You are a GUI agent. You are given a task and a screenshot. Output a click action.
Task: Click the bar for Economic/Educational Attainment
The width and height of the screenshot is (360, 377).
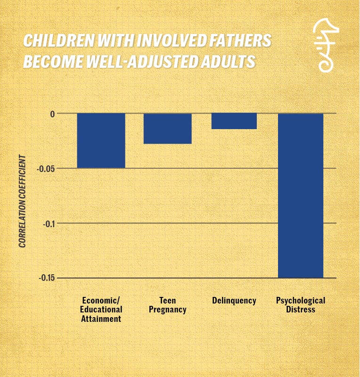pos(101,140)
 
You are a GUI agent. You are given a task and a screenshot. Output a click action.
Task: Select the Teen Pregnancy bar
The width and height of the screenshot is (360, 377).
pos(168,128)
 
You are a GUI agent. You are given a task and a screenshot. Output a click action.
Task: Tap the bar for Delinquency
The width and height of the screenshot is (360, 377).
pos(234,121)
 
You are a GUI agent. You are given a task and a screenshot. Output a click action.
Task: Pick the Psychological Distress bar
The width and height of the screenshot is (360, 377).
pos(301,195)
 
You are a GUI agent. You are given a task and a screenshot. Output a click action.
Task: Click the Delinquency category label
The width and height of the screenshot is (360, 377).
pos(234,301)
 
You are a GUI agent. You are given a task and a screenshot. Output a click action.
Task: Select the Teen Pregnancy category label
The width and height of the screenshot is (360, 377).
pos(168,305)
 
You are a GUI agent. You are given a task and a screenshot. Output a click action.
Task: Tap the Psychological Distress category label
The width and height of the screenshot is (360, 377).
pos(301,305)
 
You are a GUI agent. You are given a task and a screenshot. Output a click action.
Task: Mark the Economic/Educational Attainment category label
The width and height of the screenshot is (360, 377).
pos(102,310)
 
